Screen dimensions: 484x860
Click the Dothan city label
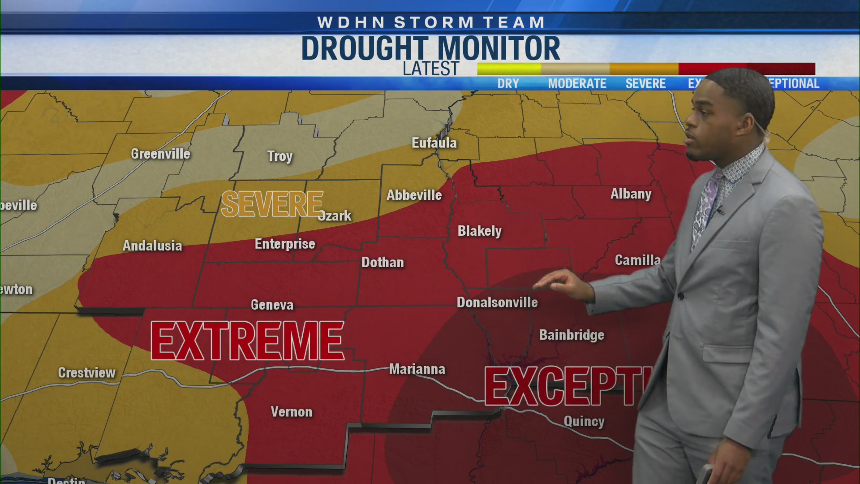point(383,262)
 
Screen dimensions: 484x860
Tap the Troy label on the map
point(280,156)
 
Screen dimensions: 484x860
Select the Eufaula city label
point(434,143)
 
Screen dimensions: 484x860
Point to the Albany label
point(631,194)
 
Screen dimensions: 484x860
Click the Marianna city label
point(417,369)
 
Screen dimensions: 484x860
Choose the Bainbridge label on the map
point(572,335)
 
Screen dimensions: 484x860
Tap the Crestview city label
point(87,372)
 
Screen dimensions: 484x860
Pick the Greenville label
point(160,154)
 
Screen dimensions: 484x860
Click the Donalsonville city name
point(497,302)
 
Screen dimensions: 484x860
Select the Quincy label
point(584,421)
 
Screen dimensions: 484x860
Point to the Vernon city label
point(292,412)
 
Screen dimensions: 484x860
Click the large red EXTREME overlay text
point(247,341)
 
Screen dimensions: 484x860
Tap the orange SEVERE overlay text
point(272,204)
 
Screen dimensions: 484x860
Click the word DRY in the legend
point(508,83)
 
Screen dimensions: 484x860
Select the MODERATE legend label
point(577,83)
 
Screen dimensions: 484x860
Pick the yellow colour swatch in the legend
point(509,69)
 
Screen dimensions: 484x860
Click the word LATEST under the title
point(431,69)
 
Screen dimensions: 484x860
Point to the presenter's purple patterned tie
point(706,204)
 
